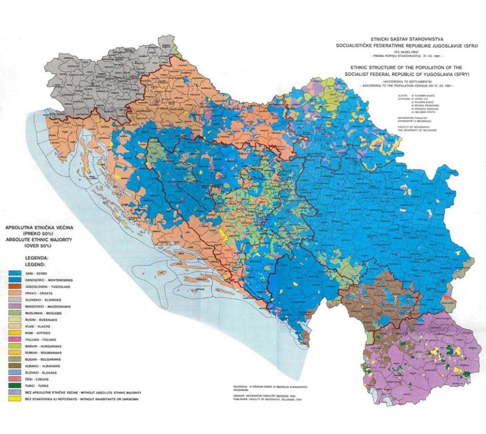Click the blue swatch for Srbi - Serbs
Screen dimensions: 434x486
tap(16, 273)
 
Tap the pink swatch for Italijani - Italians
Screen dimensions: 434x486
tap(16, 340)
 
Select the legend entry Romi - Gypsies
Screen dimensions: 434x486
tap(42, 333)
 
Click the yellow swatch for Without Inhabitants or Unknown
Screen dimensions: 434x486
tap(16, 399)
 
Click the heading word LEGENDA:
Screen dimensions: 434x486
tap(36, 258)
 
